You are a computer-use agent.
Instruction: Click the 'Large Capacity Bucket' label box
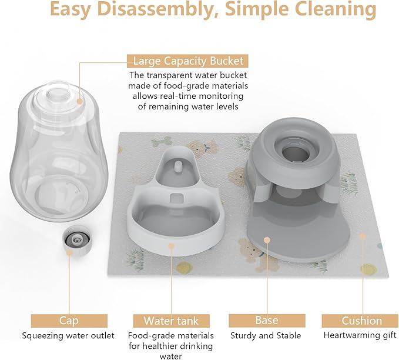click(187, 61)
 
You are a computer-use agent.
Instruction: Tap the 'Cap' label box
click(69, 321)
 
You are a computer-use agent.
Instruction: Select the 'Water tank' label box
click(171, 321)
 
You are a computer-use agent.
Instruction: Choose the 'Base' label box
click(267, 320)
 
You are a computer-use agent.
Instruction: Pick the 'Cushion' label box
click(361, 321)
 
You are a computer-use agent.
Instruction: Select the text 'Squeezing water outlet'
click(69, 336)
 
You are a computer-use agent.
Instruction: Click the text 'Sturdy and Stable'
click(267, 336)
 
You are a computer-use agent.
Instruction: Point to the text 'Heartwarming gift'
click(361, 336)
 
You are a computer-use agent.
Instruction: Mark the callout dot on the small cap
click(69, 252)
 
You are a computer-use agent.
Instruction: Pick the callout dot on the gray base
click(267, 241)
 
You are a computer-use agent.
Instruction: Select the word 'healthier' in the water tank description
click(165, 346)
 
